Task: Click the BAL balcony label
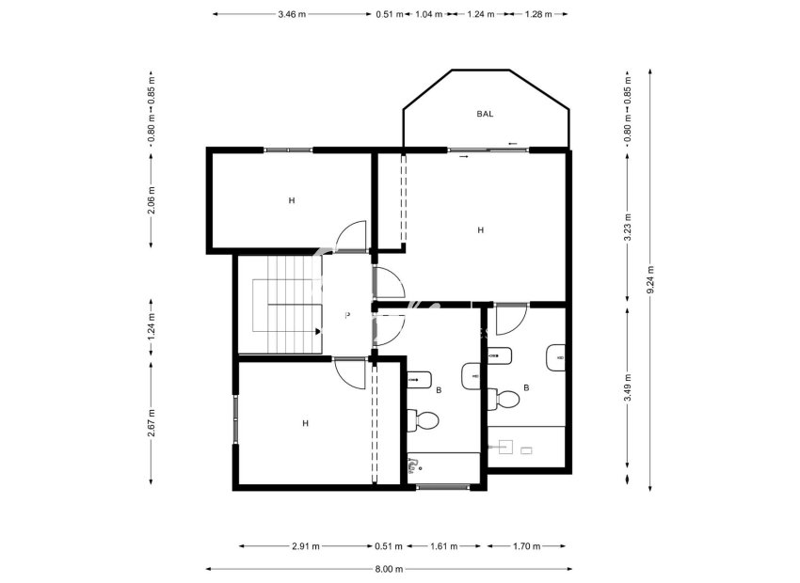tap(485, 114)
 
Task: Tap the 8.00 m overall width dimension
tap(388, 569)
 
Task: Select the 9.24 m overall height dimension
tap(650, 277)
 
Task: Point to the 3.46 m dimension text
tap(292, 14)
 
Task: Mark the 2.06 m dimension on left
tap(152, 199)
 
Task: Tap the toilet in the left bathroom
tap(426, 419)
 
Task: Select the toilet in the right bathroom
tap(506, 399)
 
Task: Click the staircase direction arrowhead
tap(319, 331)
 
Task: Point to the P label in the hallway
tap(347, 316)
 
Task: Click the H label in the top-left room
tap(292, 200)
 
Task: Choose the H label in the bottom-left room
tap(305, 423)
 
